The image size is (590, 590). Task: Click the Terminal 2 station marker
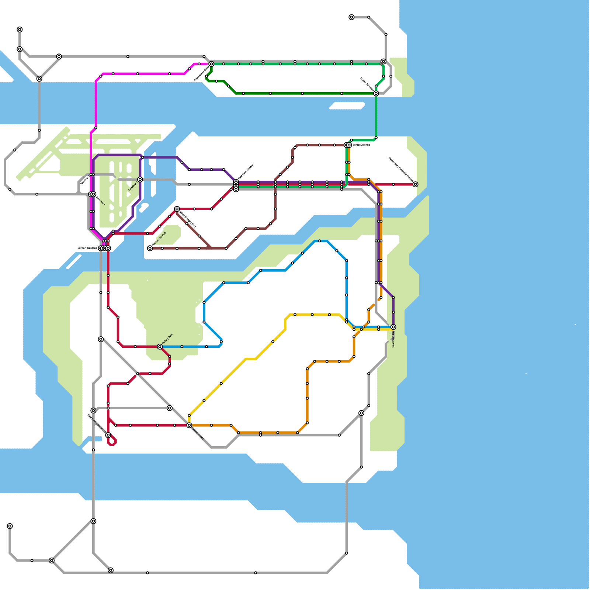[x=140, y=180]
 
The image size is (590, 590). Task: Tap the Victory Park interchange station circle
[x=160, y=347]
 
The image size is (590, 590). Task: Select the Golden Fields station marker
[x=189, y=426]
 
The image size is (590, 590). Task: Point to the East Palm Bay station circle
[x=393, y=327]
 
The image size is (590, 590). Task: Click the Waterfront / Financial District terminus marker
[x=415, y=184]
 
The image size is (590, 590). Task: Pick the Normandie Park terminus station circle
[x=150, y=249]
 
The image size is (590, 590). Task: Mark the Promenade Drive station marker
[x=211, y=64]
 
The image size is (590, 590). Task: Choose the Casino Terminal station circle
[x=376, y=94]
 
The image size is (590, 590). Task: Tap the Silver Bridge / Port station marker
[x=177, y=209]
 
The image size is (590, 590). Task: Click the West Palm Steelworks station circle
[x=108, y=435]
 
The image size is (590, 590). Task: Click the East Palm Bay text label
[x=393, y=339]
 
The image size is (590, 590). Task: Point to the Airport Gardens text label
[x=88, y=248]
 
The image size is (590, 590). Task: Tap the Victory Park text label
[x=167, y=339]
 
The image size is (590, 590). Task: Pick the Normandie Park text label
[x=159, y=239]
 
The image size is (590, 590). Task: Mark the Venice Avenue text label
[x=361, y=145]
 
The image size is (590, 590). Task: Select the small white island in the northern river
[x=347, y=106]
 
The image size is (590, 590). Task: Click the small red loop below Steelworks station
[x=112, y=441]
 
